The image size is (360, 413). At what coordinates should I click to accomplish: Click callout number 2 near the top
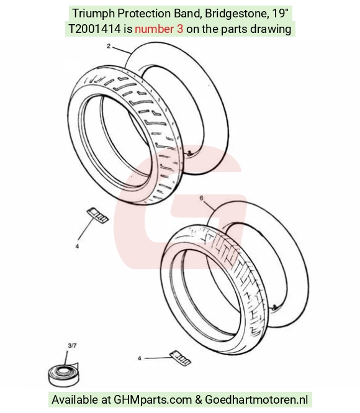point(109,46)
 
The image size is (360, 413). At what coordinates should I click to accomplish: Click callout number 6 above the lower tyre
point(202,198)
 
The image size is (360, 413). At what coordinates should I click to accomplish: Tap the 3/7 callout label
point(72,345)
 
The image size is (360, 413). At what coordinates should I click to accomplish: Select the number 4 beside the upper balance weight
point(77,247)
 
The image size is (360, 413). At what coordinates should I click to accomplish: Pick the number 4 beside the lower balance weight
point(140,358)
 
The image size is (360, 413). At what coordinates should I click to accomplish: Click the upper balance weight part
point(97,215)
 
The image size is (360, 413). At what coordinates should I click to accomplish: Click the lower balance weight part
point(181,358)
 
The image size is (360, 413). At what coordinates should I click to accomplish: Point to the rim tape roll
point(63,374)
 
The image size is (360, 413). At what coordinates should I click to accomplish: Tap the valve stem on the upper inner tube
point(189,153)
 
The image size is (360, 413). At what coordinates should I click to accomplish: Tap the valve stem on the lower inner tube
point(274,307)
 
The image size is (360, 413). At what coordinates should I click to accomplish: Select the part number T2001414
point(94,29)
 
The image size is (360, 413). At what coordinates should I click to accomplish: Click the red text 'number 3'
point(159,29)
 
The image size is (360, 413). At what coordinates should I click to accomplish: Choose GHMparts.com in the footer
point(153,400)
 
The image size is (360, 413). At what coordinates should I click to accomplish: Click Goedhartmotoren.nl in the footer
point(256,399)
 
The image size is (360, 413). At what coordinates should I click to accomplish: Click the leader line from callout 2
point(121,50)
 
